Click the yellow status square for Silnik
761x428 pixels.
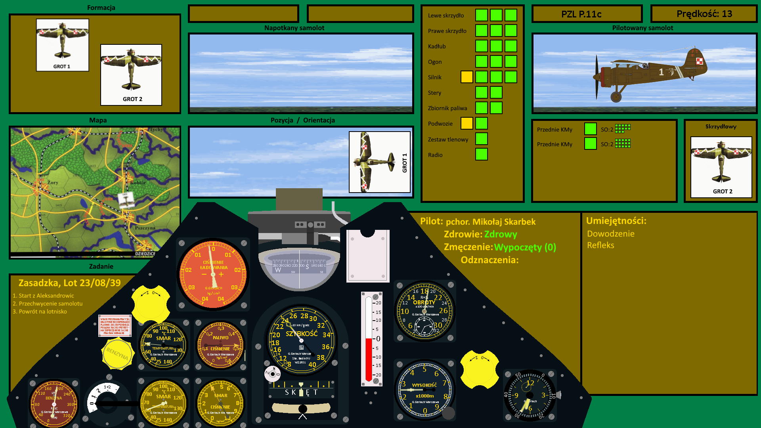pos(467,77)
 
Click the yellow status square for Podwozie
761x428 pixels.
pos(467,123)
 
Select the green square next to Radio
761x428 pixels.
pos(481,154)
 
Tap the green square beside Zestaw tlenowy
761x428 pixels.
pos(481,139)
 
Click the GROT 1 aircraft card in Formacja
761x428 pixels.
pos(62,45)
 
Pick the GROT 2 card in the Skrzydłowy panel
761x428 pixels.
pos(721,167)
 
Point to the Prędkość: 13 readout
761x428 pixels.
pos(704,14)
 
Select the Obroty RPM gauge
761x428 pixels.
pos(424,311)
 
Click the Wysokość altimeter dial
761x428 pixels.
pos(424,390)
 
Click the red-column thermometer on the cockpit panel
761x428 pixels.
pos(371,339)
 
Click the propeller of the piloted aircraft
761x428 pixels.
pos(597,77)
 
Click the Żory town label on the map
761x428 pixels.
pos(53,183)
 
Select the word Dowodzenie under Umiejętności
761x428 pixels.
pos(610,234)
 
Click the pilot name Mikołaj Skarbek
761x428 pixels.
pos(504,222)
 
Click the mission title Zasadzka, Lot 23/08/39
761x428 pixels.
pos(69,283)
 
